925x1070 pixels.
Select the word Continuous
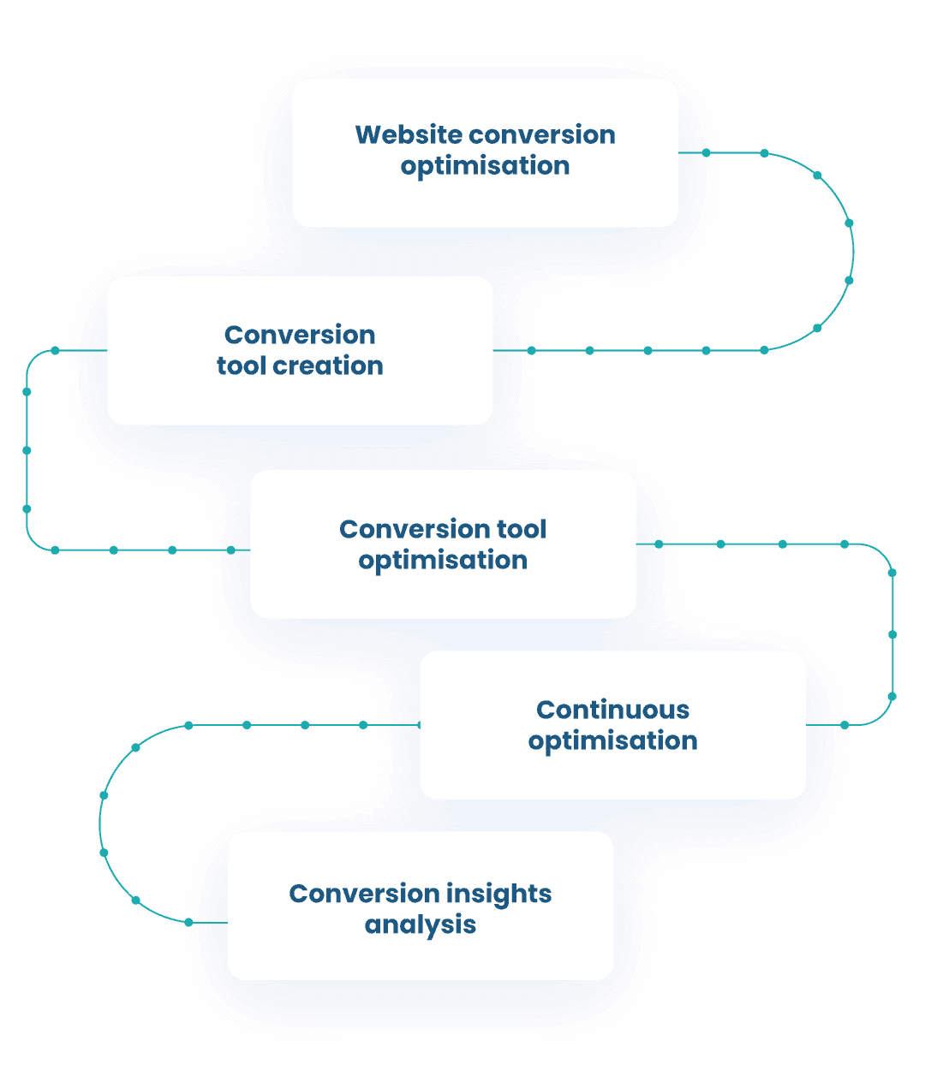612,710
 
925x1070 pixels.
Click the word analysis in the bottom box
420,925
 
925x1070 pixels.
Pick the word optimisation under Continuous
612,740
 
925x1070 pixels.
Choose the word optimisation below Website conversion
485,166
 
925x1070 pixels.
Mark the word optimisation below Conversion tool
443,561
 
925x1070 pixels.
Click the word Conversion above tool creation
300,335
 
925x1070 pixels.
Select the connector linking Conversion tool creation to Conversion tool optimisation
27,450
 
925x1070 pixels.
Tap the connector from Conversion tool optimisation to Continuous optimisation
892,634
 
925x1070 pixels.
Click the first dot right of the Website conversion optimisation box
707,153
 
